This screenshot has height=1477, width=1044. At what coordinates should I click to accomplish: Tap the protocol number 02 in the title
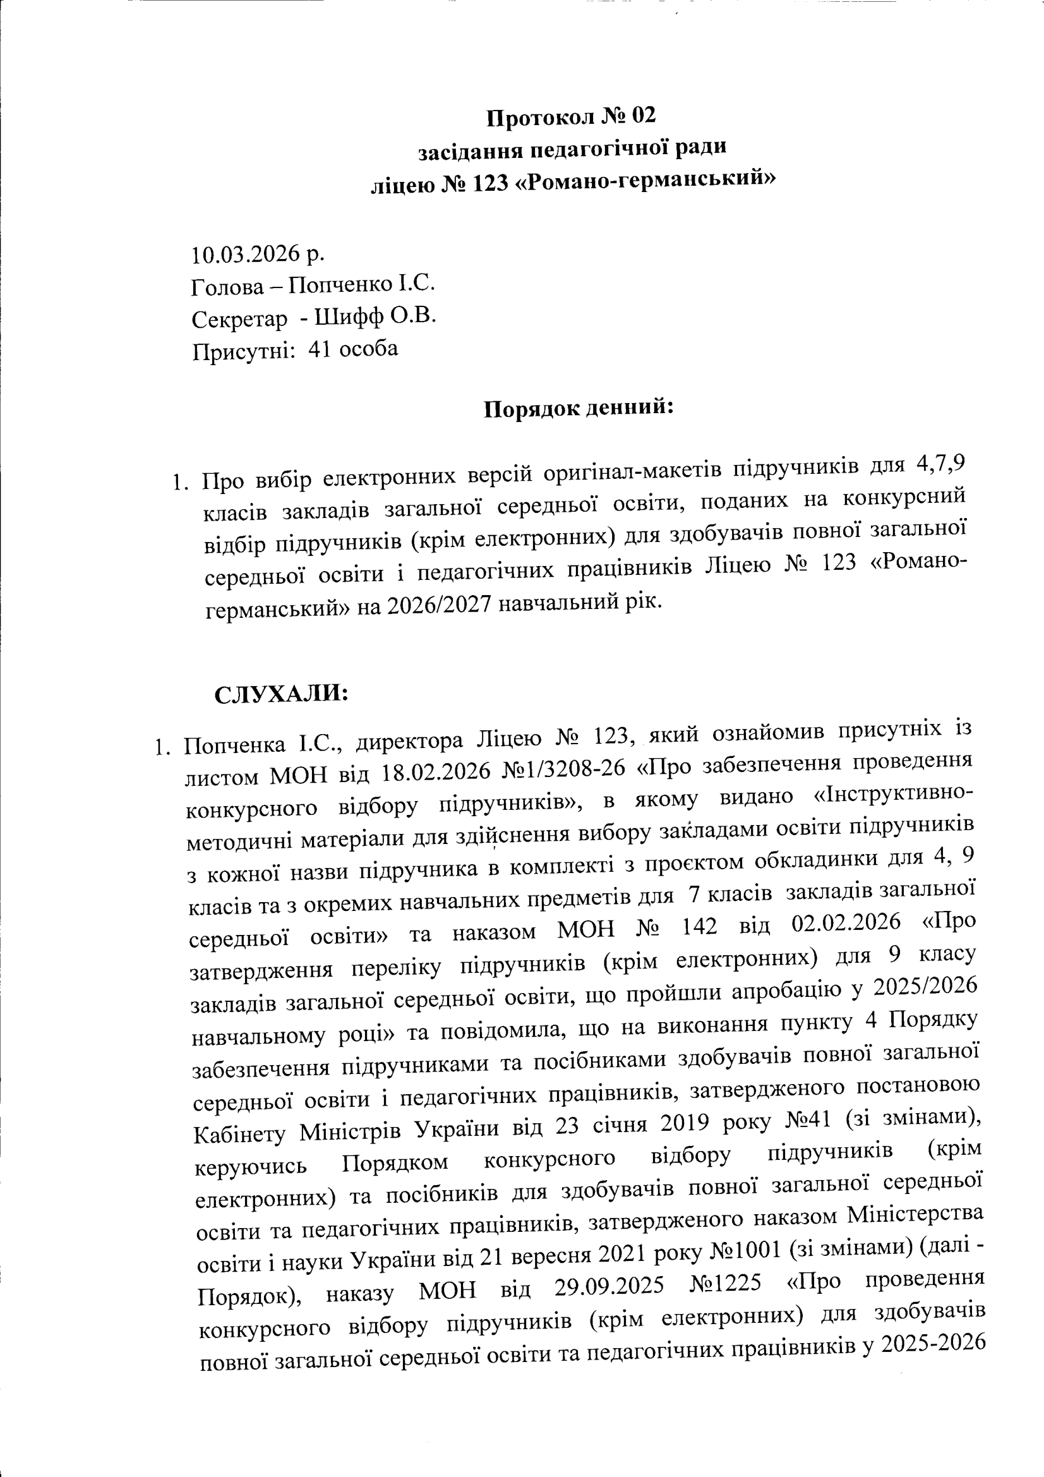[642, 115]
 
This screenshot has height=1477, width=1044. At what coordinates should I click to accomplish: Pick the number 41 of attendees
[319, 349]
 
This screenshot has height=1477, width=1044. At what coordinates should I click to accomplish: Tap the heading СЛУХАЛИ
[281, 694]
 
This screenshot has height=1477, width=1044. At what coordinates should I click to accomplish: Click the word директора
[409, 742]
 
